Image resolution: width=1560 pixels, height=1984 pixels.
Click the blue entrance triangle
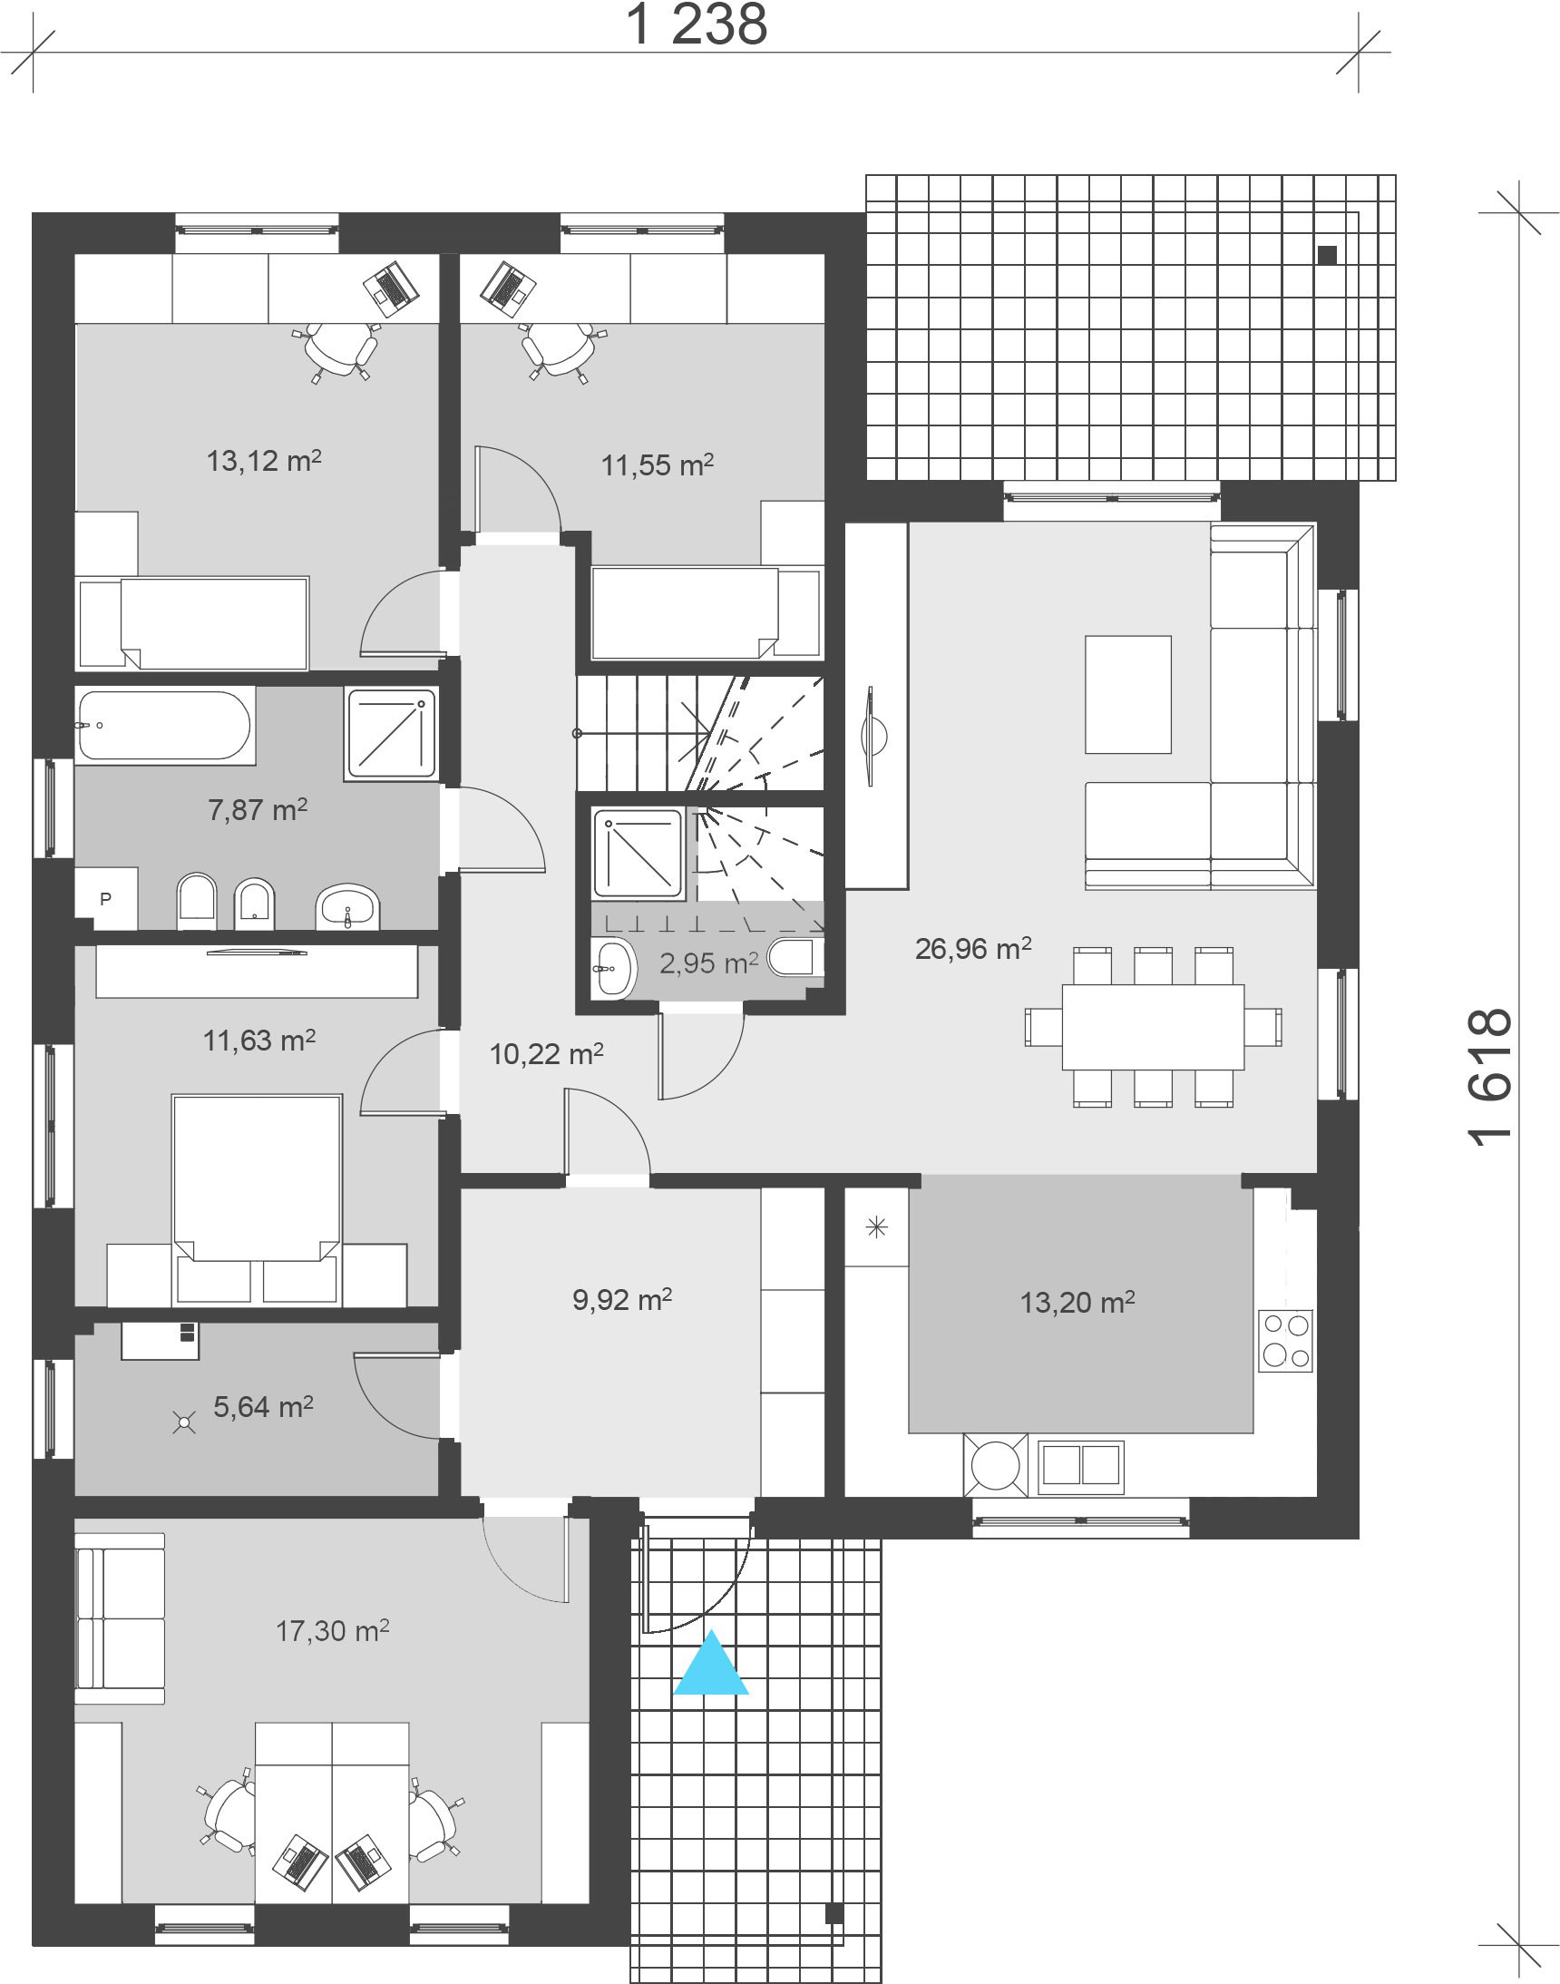pyautogui.click(x=710, y=1665)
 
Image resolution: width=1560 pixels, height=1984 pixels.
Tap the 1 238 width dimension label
pyautogui.click(x=696, y=24)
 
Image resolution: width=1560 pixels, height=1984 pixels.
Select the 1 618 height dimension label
pyautogui.click(x=1491, y=1077)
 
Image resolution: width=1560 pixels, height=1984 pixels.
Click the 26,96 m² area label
pyautogui.click(x=972, y=948)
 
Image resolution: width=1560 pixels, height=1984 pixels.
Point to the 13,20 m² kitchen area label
pyautogui.click(x=1077, y=1302)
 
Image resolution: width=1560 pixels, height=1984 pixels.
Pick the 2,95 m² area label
pyautogui.click(x=708, y=963)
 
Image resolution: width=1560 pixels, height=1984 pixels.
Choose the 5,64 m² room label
pyautogui.click(x=263, y=1407)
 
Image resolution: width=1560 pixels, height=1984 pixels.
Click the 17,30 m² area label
pyautogui.click(x=333, y=1630)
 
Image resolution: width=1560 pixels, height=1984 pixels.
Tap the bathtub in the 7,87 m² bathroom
pyautogui.click(x=164, y=725)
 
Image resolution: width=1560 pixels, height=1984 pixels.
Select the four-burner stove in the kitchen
pyautogui.click(x=1285, y=1340)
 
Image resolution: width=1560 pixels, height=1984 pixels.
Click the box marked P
pyautogui.click(x=106, y=899)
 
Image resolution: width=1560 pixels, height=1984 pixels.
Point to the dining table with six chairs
pyautogui.click(x=1153, y=1027)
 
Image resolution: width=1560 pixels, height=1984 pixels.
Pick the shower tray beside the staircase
pyautogui.click(x=639, y=853)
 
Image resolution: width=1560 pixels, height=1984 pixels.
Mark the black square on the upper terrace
pyautogui.click(x=1328, y=256)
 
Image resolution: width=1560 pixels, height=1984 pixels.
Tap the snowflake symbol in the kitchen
pyautogui.click(x=876, y=1227)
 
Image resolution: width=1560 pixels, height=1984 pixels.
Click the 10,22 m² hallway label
pyautogui.click(x=546, y=1054)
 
